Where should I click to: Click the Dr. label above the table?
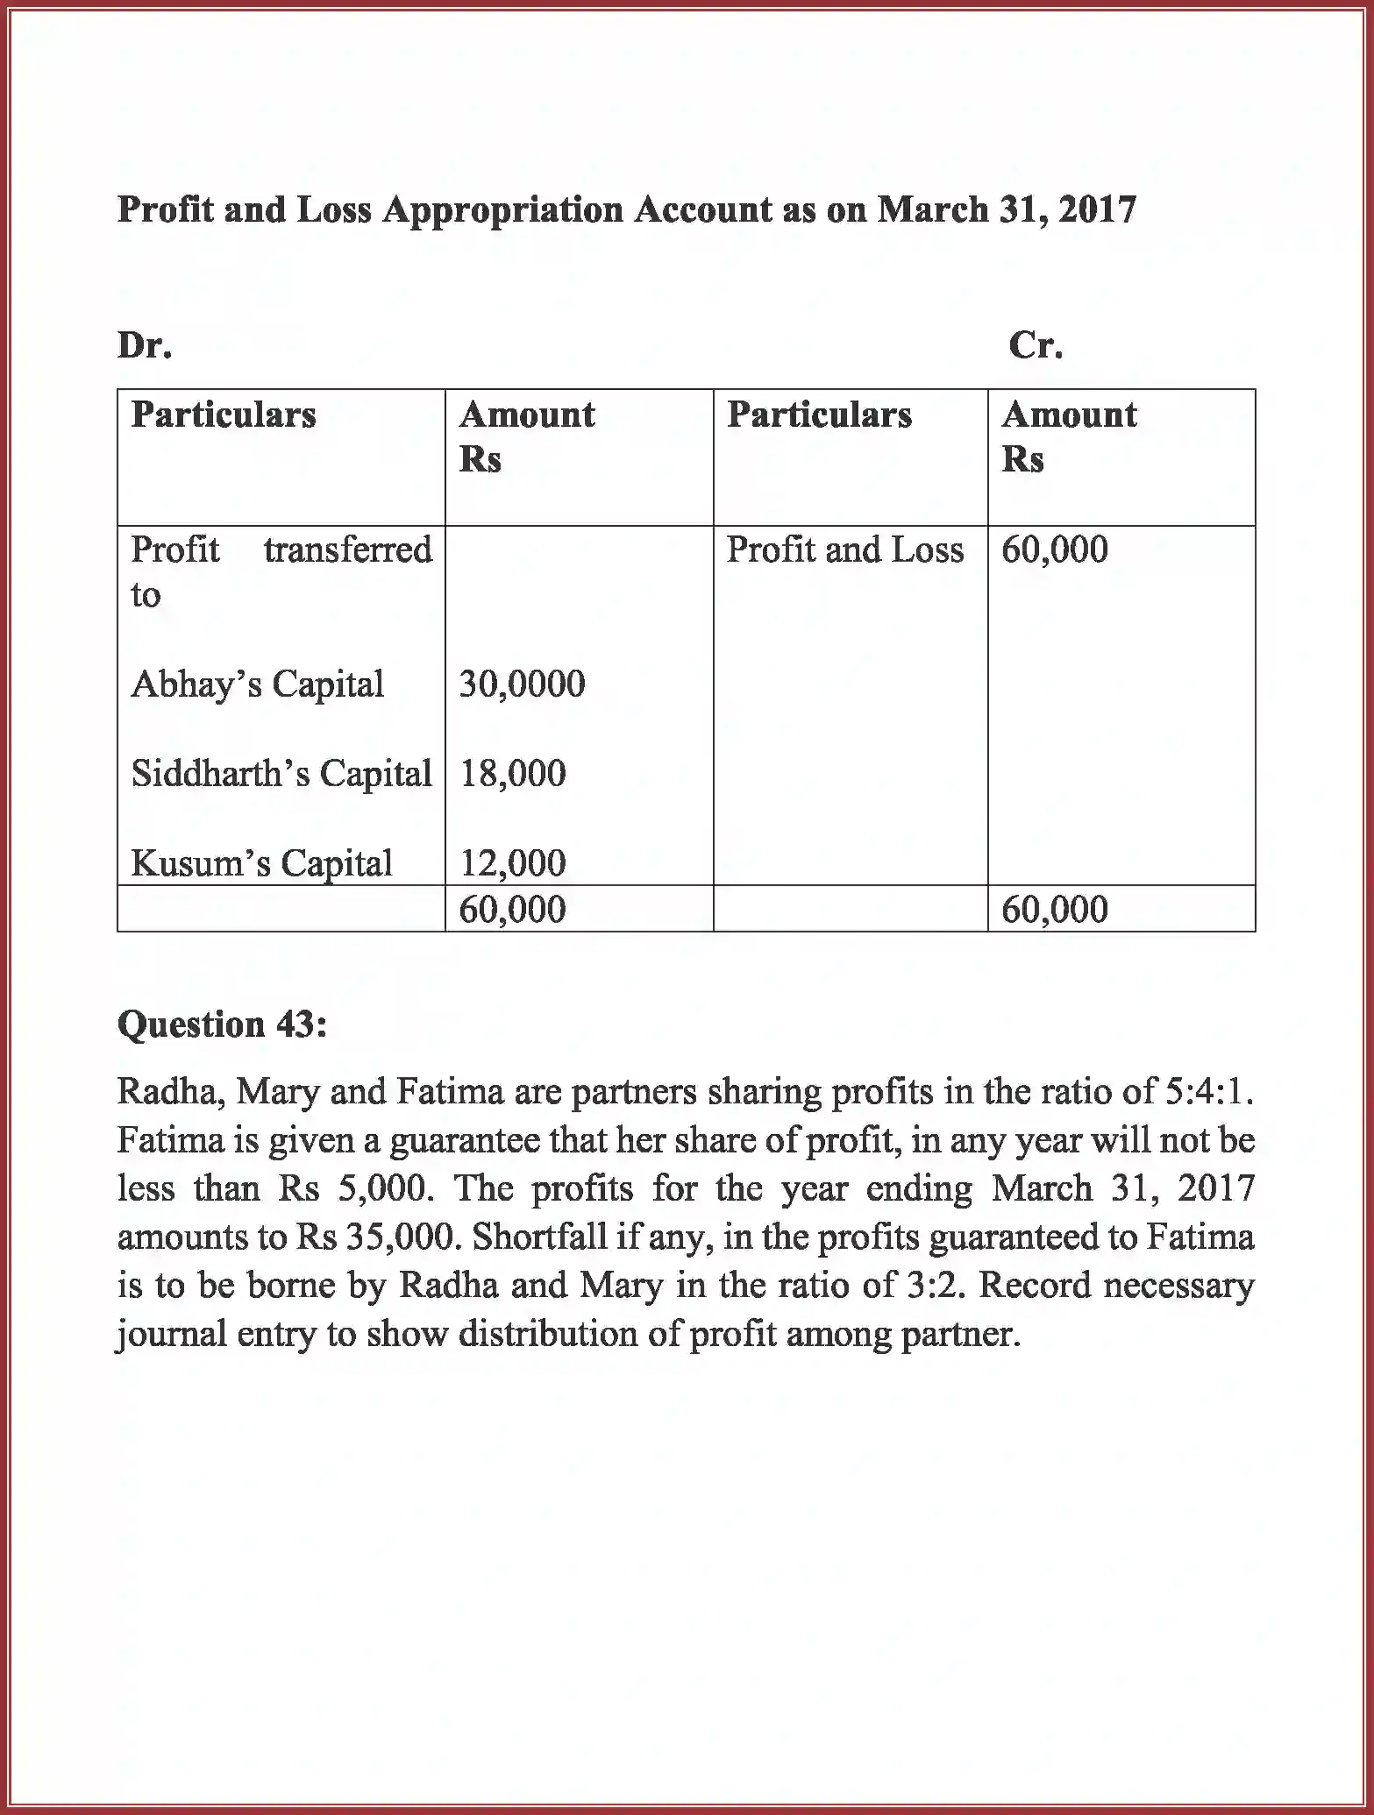pos(145,345)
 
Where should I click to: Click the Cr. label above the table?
pos(1035,345)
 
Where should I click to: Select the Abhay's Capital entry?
pos(257,684)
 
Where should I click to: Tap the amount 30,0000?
pos(522,684)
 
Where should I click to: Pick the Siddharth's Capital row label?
pos(281,773)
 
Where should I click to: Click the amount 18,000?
pos(513,773)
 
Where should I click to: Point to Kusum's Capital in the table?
pos(261,862)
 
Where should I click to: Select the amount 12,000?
pos(513,863)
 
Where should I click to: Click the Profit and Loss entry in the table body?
pos(844,549)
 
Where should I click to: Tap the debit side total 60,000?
pos(513,909)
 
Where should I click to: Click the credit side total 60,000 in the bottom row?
pos(1054,909)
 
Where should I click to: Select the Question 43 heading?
pos(222,1024)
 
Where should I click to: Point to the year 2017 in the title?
pos(1097,209)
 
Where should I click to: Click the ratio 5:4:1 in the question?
pos(1209,1091)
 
